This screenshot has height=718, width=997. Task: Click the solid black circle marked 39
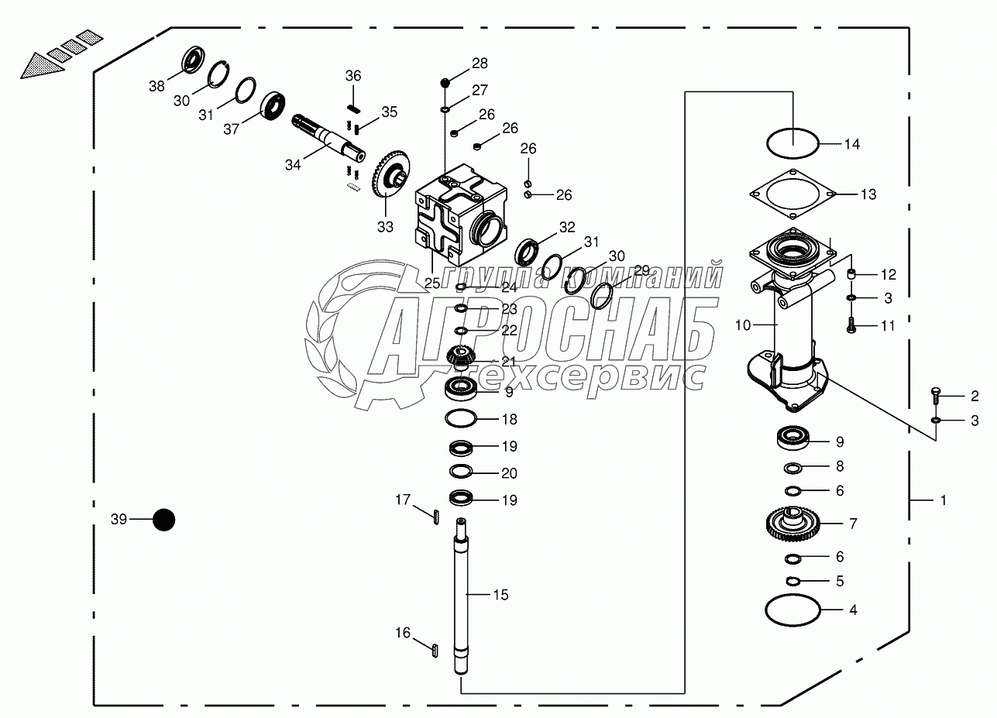[163, 520]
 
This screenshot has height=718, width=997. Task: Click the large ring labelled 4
[792, 610]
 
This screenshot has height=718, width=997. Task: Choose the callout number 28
[480, 63]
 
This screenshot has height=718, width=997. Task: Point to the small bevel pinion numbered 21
[462, 358]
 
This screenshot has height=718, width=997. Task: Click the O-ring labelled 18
[462, 419]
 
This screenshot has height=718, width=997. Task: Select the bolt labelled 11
[851, 326]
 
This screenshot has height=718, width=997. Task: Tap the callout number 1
[943, 501]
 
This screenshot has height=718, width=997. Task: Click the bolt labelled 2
[936, 396]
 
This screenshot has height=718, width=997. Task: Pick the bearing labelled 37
[273, 105]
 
